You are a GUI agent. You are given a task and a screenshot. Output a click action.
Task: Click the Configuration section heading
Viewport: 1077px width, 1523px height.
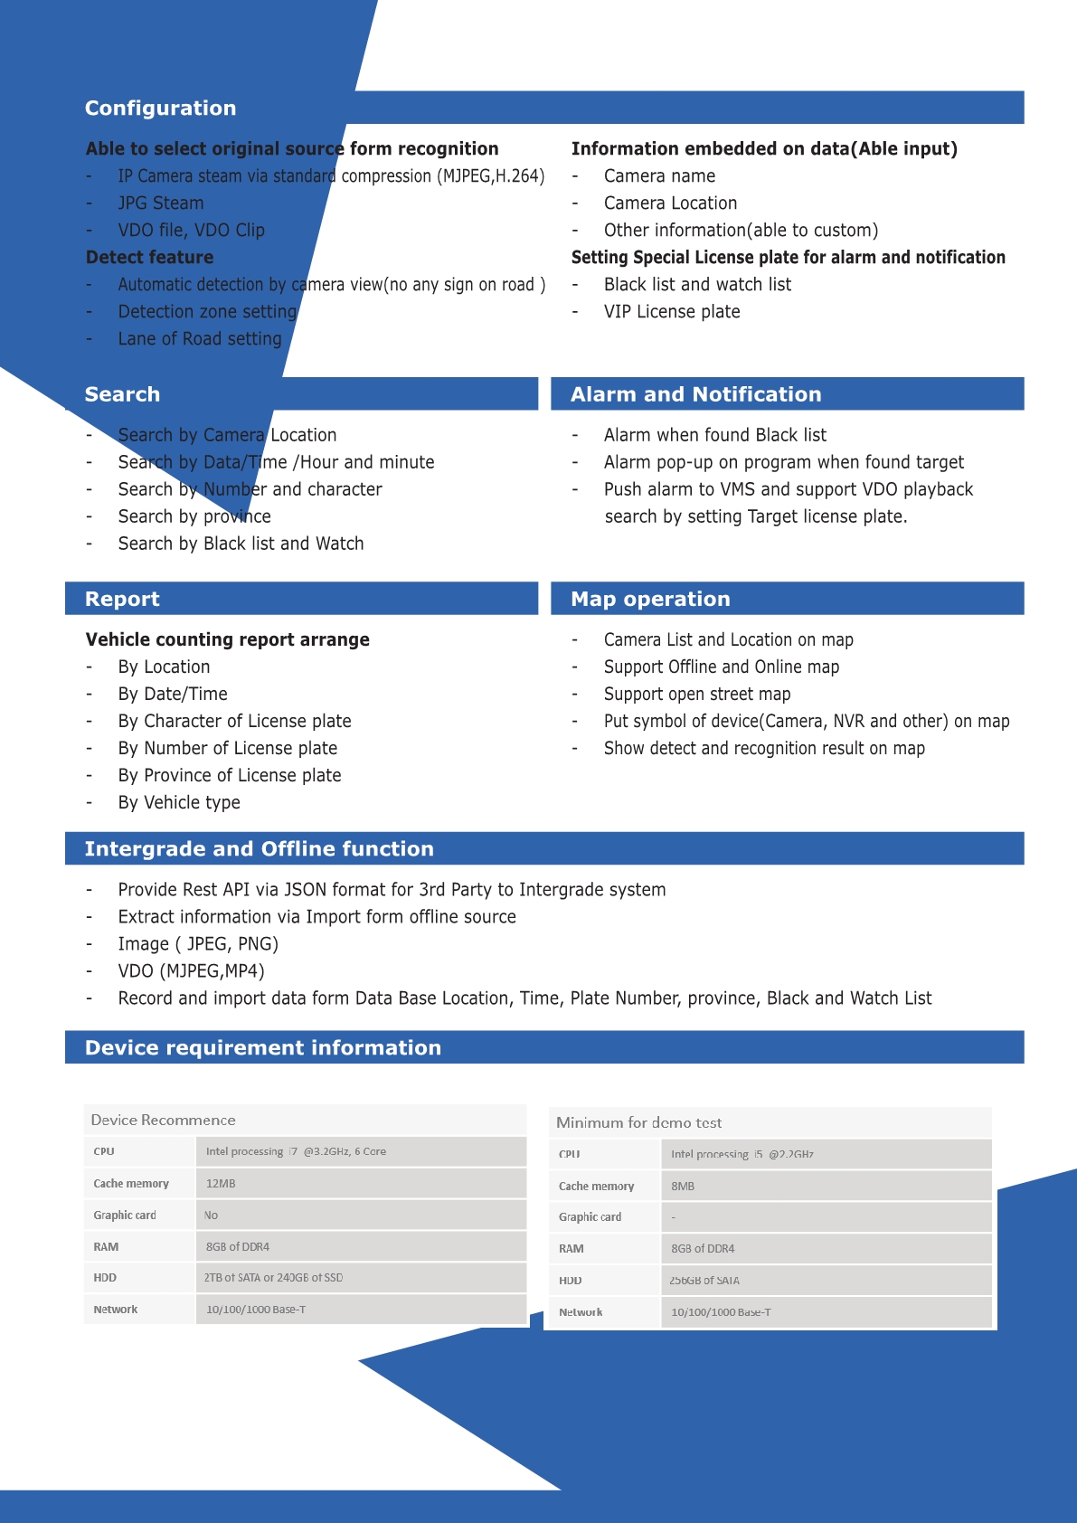(x=160, y=109)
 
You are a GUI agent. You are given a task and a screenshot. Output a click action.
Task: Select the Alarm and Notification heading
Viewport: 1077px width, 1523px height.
(x=695, y=394)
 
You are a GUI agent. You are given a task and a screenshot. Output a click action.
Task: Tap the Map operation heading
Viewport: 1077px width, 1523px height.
(x=650, y=599)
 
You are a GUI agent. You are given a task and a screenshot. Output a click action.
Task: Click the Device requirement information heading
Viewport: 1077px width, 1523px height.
(x=262, y=1047)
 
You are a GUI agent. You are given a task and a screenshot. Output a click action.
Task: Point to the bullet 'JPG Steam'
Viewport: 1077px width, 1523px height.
(x=161, y=203)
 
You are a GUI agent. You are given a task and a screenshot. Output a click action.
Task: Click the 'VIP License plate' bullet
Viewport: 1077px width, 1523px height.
(x=672, y=312)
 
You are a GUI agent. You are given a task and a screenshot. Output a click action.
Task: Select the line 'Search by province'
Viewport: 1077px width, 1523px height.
(x=194, y=516)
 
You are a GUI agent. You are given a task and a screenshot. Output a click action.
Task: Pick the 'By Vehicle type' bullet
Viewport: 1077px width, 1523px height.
(x=179, y=802)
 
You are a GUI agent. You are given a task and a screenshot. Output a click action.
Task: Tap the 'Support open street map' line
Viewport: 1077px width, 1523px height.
(x=697, y=694)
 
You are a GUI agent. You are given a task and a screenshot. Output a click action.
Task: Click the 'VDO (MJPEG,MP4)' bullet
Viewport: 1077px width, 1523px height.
(x=191, y=971)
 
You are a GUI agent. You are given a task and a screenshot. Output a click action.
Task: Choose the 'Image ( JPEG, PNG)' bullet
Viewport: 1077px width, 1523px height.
(x=198, y=944)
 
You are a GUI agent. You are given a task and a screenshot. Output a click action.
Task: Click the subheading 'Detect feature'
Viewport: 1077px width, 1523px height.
(x=149, y=258)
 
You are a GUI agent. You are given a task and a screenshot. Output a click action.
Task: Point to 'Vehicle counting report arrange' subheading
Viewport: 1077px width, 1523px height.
(x=227, y=639)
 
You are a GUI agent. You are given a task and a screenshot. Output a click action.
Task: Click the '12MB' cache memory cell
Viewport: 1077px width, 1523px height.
(x=221, y=1184)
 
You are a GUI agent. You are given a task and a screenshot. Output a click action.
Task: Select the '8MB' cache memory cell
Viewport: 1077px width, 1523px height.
(x=683, y=1187)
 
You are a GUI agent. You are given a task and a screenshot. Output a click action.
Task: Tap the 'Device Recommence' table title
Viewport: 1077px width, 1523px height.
(x=163, y=1120)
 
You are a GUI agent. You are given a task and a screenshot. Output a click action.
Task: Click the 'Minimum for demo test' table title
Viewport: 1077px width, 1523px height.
(x=638, y=1122)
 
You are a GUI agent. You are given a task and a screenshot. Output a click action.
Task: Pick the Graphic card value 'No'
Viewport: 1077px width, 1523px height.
(x=211, y=1216)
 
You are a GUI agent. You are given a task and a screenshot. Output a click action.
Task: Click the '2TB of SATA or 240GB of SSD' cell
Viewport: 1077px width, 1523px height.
(x=273, y=1278)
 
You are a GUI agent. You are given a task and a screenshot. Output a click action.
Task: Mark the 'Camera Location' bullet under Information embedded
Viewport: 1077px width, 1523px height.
(x=670, y=203)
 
